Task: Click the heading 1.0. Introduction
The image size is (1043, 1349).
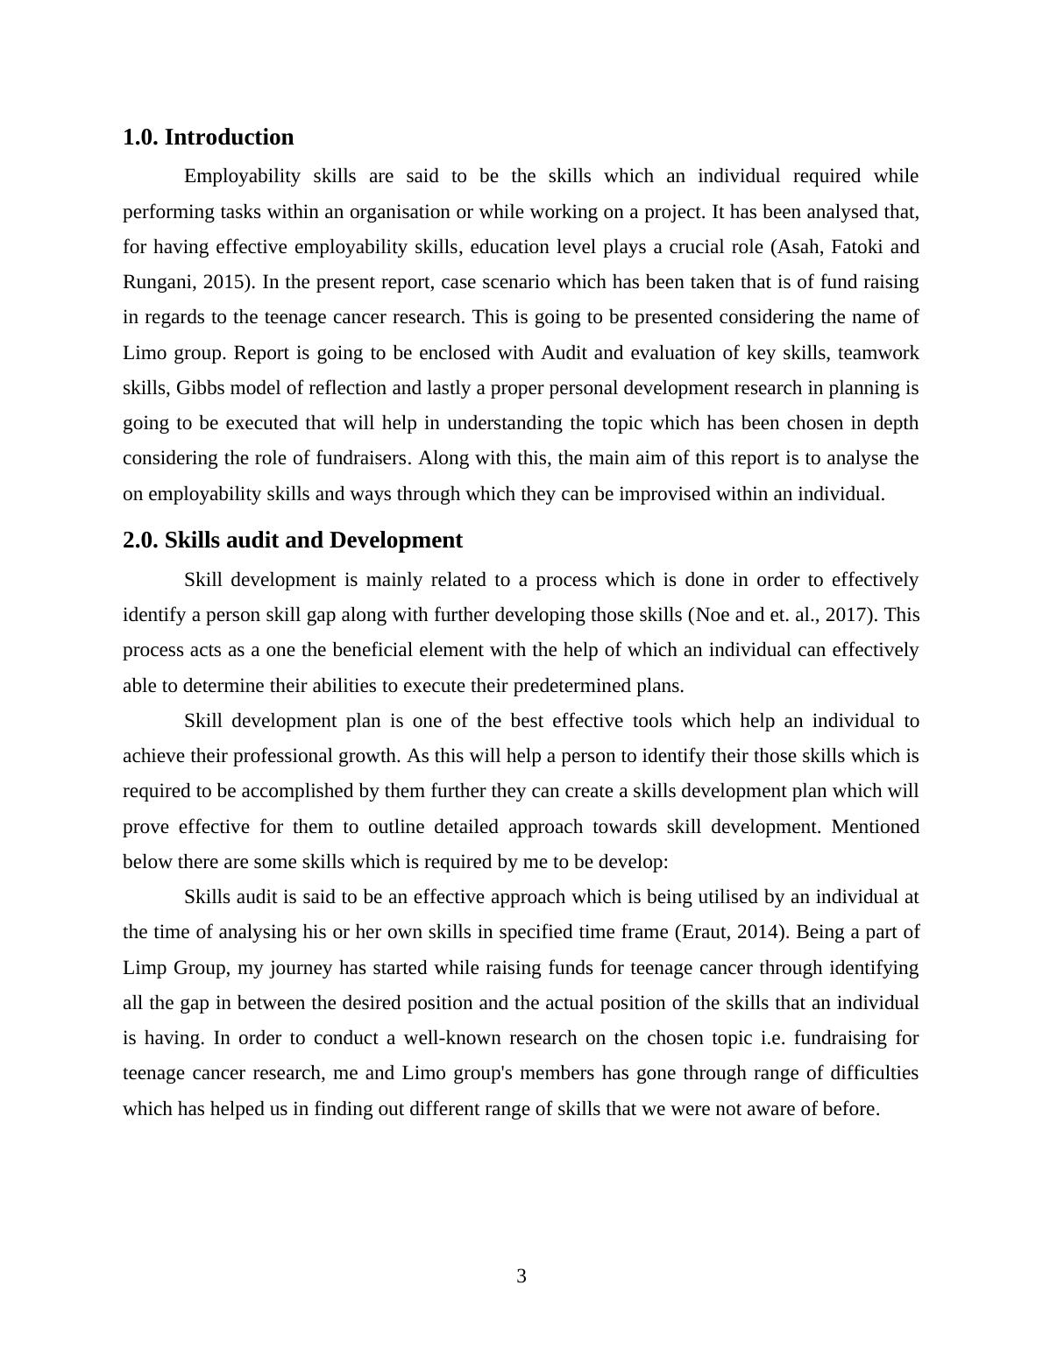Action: (208, 138)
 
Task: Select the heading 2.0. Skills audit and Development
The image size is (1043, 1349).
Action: (292, 540)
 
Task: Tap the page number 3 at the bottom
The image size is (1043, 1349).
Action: (521, 1276)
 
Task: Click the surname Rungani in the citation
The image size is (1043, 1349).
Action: (156, 282)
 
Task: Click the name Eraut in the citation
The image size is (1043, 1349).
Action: (706, 932)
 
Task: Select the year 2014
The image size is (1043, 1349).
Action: (760, 932)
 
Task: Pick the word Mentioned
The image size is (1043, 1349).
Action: (875, 827)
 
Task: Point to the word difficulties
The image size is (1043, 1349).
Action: (863, 1073)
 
